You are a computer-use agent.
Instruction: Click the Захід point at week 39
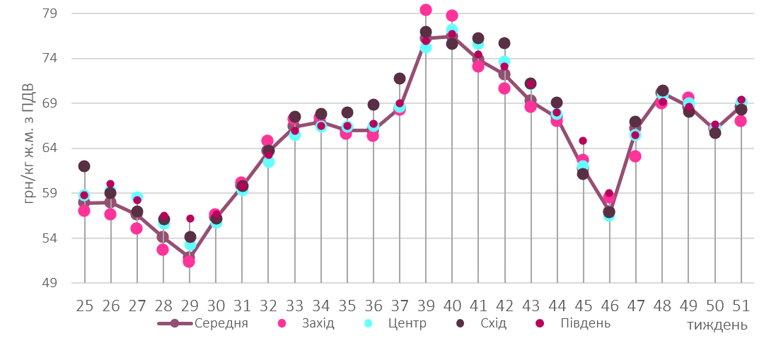[426, 10]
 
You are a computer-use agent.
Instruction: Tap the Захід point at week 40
[452, 16]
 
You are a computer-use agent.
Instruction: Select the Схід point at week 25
[84, 166]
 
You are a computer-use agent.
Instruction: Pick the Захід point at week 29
[189, 262]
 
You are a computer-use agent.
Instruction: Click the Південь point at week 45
[583, 141]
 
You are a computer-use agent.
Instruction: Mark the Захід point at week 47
[635, 156]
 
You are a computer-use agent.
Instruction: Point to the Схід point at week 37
[400, 79]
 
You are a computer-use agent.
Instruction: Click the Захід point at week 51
[741, 121]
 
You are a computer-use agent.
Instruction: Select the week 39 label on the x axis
[426, 306]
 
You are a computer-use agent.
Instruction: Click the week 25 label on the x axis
[84, 306]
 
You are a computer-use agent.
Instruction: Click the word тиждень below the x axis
[717, 325]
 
